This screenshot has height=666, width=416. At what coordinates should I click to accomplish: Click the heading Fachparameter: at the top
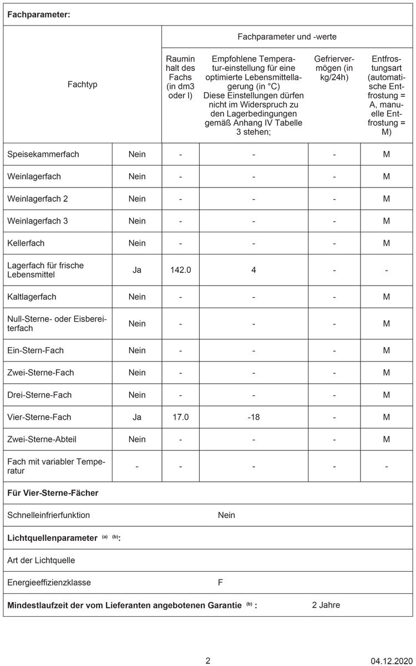[x=38, y=15]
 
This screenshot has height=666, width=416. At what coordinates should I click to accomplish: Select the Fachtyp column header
[x=82, y=85]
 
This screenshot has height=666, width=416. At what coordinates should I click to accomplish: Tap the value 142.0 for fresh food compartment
[x=180, y=270]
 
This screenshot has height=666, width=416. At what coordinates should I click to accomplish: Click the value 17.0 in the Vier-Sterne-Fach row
[x=180, y=417]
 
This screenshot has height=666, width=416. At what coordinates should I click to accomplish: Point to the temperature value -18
[x=253, y=417]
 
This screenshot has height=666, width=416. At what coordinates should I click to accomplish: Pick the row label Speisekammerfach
[x=43, y=154]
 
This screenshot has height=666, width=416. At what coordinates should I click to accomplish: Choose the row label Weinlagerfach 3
[x=38, y=221]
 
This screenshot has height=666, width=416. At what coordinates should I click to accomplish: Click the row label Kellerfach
[x=26, y=243]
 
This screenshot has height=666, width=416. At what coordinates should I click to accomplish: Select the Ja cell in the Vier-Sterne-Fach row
[x=137, y=417]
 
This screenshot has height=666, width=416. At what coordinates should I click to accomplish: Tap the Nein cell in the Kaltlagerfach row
[x=137, y=297]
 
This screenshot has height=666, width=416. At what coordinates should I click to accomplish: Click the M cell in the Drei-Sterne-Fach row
[x=387, y=395]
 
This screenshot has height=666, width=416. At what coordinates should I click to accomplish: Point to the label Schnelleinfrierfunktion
[x=49, y=515]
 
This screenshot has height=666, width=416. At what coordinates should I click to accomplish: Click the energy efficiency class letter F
[x=221, y=583]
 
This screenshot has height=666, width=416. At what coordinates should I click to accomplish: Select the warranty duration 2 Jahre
[x=326, y=605]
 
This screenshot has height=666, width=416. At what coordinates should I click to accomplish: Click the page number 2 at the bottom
[x=208, y=660]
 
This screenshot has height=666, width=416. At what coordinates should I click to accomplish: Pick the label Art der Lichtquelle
[x=41, y=560]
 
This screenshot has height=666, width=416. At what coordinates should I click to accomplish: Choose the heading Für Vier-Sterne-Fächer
[x=53, y=493]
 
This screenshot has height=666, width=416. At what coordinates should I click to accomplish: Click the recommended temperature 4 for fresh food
[x=253, y=270]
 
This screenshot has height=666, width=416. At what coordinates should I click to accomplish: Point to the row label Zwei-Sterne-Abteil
[x=42, y=439]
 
